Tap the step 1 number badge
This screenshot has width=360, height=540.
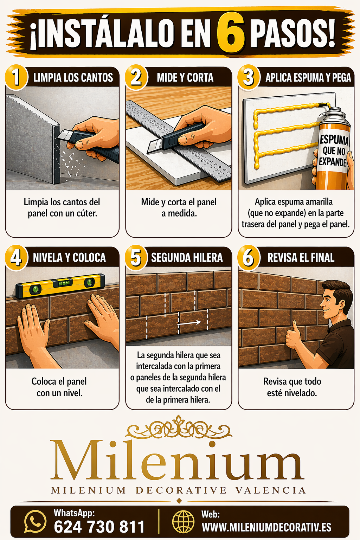(16, 78)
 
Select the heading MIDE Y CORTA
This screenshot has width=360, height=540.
(185, 78)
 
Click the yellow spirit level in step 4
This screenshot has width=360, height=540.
(60, 285)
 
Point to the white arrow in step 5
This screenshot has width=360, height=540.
(189, 322)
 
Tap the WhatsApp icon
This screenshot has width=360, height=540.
(35, 521)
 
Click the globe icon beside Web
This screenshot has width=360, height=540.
(183, 522)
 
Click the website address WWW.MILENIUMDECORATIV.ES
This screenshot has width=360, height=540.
(266, 527)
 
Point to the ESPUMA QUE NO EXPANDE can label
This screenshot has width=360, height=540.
(334, 151)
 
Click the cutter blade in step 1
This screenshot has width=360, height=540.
(63, 135)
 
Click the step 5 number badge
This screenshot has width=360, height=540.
(136, 258)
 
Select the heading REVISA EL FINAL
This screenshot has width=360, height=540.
(301, 258)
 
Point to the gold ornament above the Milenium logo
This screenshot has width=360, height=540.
(179, 427)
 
